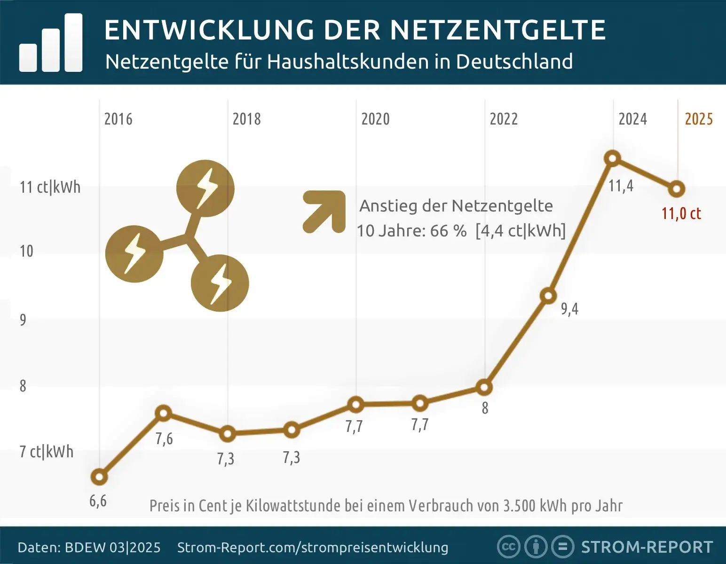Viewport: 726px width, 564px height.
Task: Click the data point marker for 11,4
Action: click(x=613, y=158)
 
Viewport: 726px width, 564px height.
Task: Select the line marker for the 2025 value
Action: click(x=677, y=189)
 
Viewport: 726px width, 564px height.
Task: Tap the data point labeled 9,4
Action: click(x=548, y=296)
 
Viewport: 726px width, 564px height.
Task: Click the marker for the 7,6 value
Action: click(x=163, y=413)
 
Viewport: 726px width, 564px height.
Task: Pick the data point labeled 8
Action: click(x=484, y=387)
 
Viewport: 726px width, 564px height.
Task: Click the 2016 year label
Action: click(x=118, y=119)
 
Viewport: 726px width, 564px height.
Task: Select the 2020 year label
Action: click(x=375, y=119)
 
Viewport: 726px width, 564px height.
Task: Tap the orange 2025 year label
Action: click(x=699, y=119)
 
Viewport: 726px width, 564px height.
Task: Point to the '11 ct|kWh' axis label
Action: click(x=50, y=187)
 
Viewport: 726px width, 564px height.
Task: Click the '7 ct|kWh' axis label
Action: click(x=47, y=452)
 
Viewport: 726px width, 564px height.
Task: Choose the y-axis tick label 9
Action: click(x=23, y=320)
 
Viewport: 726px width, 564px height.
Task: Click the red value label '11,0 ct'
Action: click(x=681, y=214)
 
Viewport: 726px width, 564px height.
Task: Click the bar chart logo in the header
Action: click(x=51, y=43)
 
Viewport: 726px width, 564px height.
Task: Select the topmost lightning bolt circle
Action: click(x=205, y=188)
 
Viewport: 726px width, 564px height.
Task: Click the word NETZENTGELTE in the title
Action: click(x=497, y=30)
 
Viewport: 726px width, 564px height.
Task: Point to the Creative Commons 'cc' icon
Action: click(x=508, y=547)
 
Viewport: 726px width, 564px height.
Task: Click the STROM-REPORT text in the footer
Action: click(x=647, y=547)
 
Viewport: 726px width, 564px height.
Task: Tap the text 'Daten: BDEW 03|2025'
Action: click(x=89, y=548)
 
